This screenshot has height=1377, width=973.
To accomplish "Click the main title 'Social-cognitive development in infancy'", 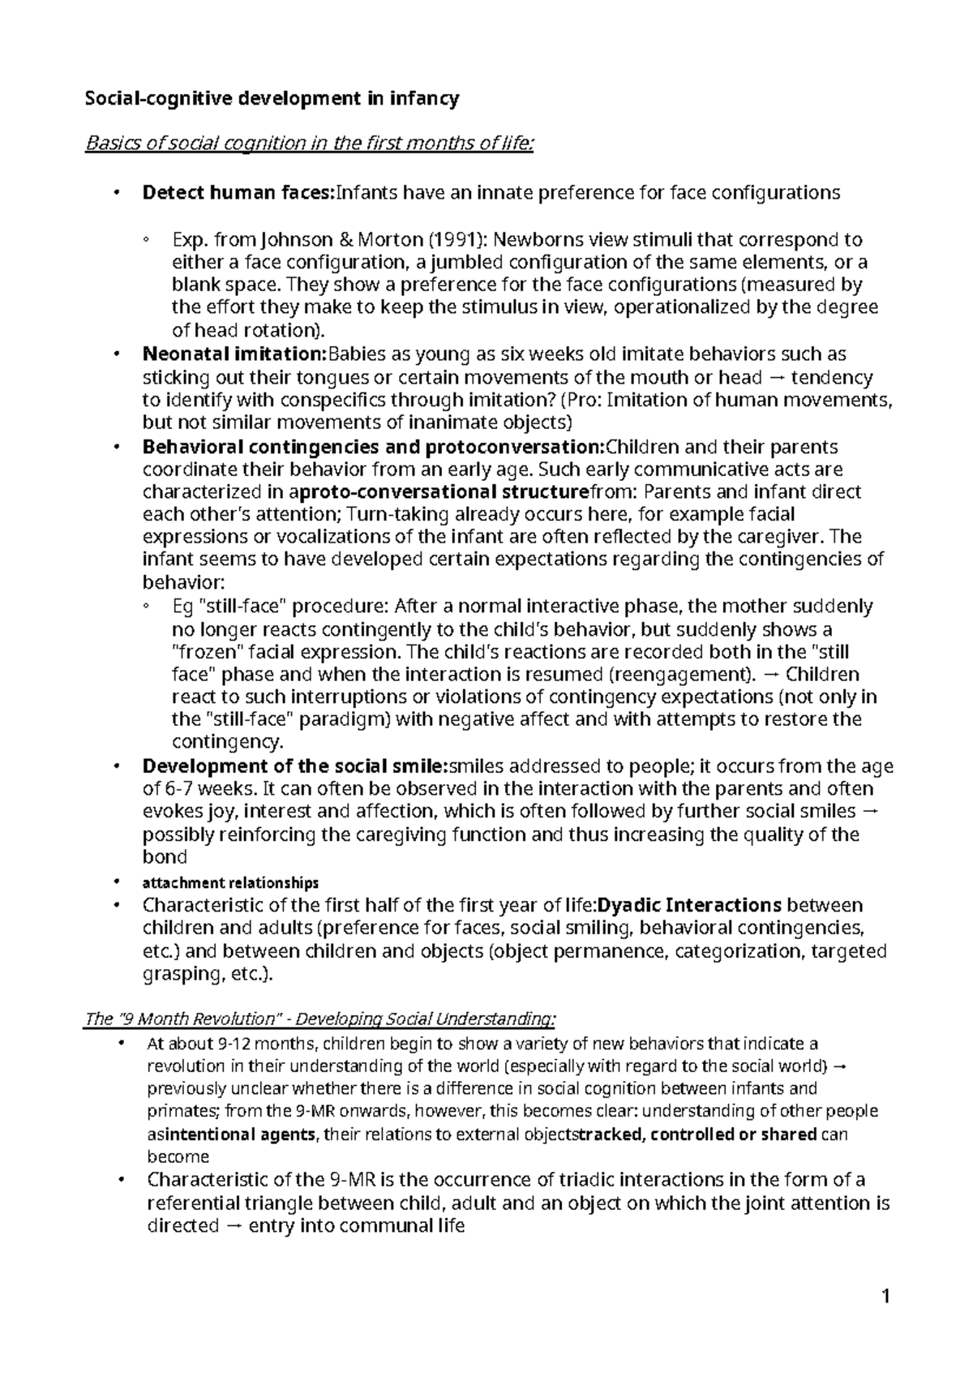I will click(272, 99).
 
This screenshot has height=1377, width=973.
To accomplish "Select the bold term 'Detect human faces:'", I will click(238, 193).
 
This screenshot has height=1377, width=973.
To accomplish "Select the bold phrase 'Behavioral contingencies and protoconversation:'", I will click(374, 447).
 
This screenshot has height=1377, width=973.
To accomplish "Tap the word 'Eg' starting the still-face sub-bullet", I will click(182, 607).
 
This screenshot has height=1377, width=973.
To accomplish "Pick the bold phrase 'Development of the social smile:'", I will click(295, 766).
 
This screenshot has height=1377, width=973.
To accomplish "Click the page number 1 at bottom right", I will click(886, 1297).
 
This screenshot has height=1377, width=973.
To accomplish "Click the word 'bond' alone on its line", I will click(165, 857).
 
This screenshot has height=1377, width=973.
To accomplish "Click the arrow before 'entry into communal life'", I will click(232, 1226).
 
